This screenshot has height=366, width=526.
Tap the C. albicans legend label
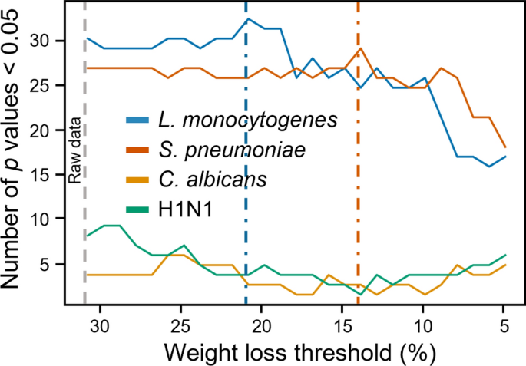[x=213, y=179]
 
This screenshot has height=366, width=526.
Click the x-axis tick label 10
[x=422, y=325]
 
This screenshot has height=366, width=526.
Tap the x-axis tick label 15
[x=342, y=325]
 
